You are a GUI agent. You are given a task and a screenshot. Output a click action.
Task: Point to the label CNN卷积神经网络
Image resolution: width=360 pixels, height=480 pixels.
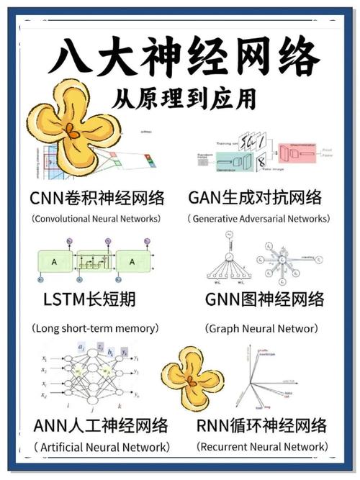pyautogui.click(x=98, y=197)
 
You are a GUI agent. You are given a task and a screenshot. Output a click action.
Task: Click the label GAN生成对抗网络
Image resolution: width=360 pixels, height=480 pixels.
pyautogui.click(x=255, y=197)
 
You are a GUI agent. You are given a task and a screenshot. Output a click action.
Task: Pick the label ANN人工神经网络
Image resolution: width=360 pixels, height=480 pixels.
pyautogui.click(x=101, y=425)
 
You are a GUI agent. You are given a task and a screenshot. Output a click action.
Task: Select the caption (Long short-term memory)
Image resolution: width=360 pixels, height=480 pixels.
pyautogui.click(x=94, y=327)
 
